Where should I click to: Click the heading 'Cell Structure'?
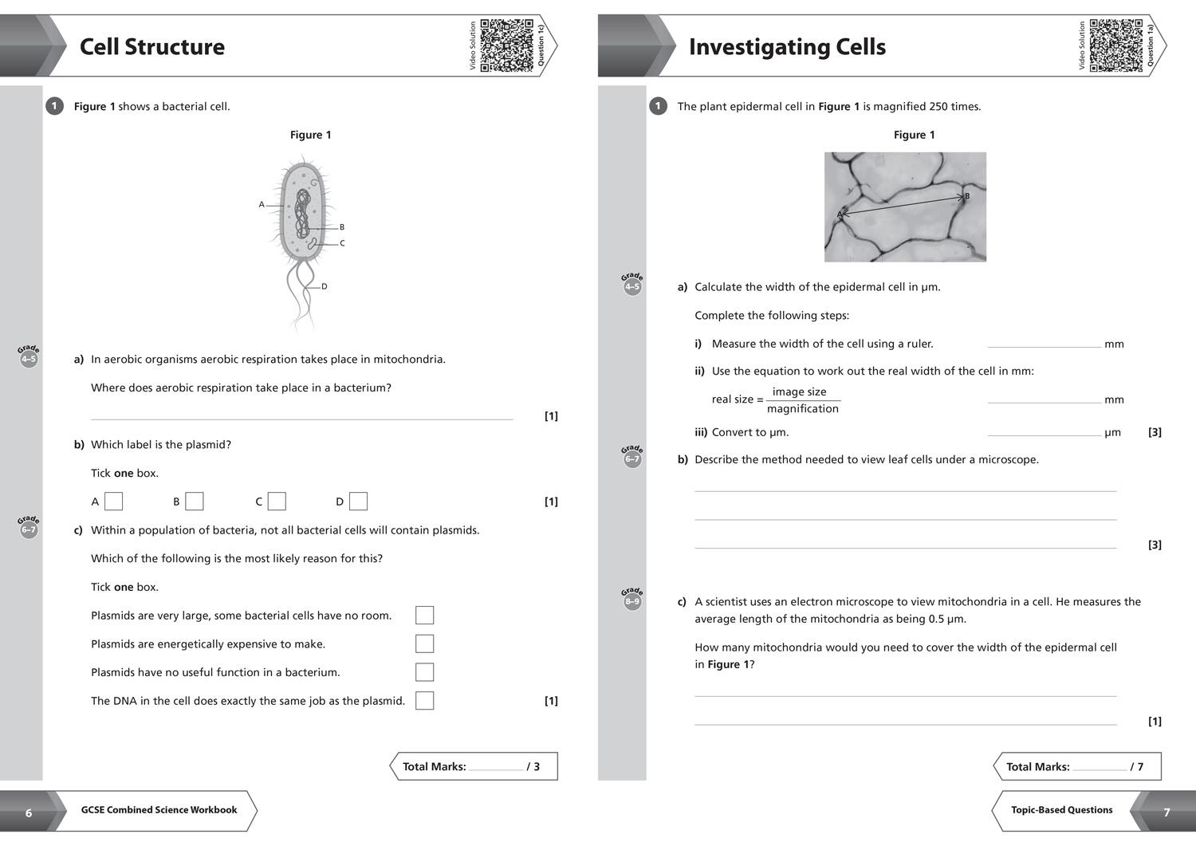click(151, 46)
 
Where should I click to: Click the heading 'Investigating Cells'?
click(786, 47)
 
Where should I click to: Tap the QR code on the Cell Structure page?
click(506, 45)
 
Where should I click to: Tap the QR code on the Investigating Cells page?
click(1115, 45)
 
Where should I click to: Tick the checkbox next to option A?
click(114, 502)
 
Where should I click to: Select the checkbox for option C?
click(277, 502)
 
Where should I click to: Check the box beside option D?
click(359, 502)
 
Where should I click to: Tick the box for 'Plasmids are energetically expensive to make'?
click(425, 643)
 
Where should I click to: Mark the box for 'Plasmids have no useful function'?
click(425, 672)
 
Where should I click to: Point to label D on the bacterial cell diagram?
click(324, 286)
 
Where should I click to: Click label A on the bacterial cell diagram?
click(262, 205)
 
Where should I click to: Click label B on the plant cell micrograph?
click(967, 196)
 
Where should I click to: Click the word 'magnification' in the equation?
click(802, 409)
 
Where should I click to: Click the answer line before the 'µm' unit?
click(1044, 434)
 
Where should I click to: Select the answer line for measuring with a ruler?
click(1044, 345)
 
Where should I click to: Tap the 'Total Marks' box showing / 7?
click(1076, 766)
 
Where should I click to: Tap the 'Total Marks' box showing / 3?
click(474, 766)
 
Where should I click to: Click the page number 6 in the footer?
click(29, 813)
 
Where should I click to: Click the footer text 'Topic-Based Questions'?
click(1061, 810)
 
